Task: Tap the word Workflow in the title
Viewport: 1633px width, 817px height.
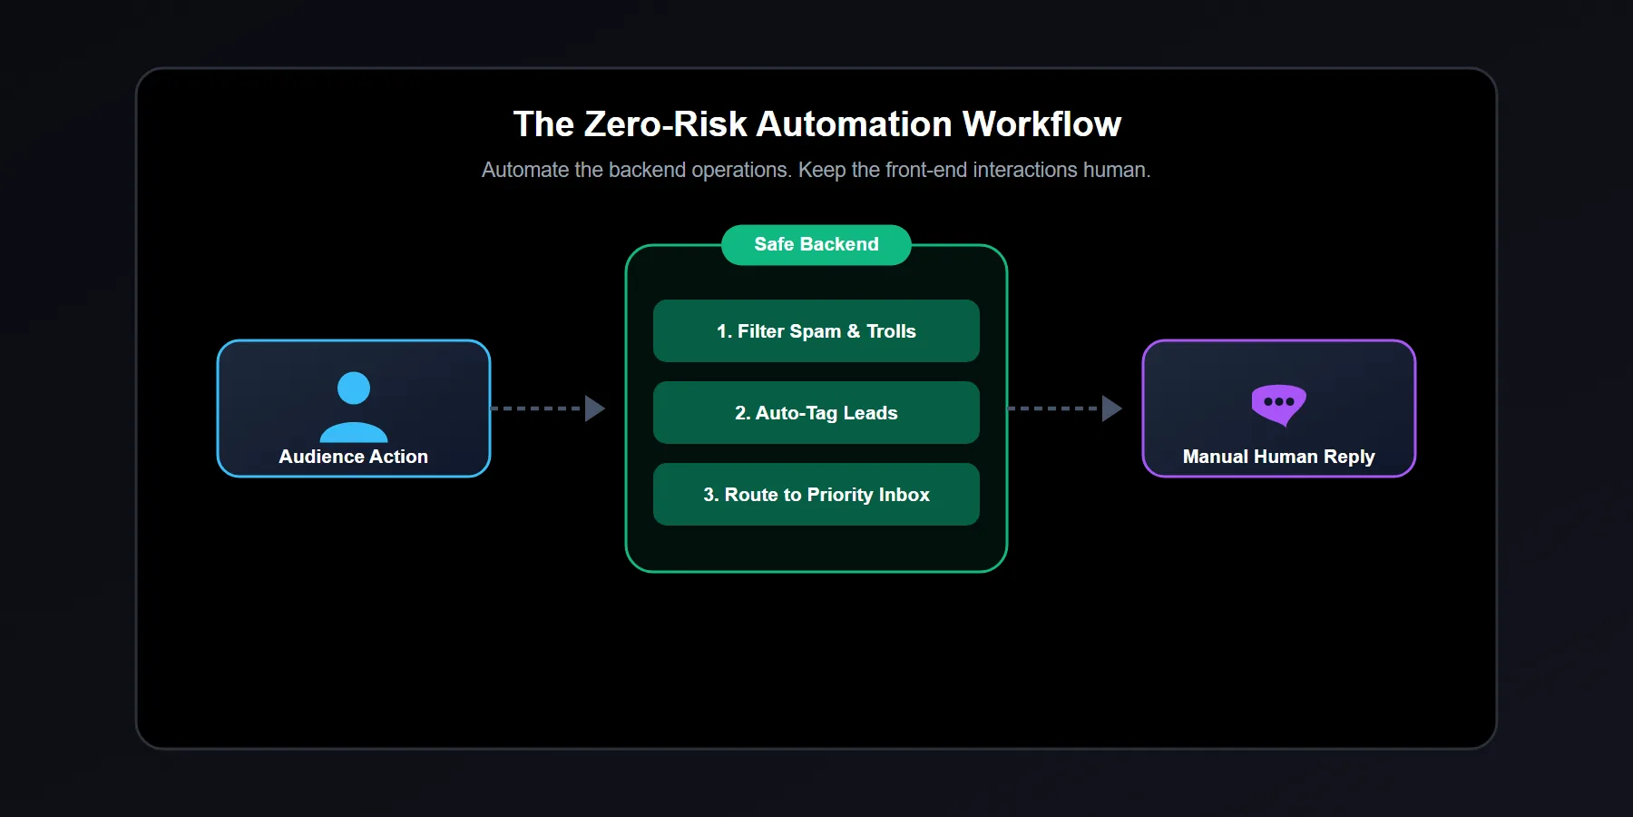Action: pyautogui.click(x=1041, y=124)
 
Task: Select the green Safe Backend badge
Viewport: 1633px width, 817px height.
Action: pyautogui.click(x=816, y=244)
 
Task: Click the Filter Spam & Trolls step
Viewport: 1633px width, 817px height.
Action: pyautogui.click(x=816, y=331)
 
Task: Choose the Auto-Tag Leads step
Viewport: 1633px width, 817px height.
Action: pyautogui.click(x=816, y=413)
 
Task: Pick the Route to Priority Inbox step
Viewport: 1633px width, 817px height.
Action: pyautogui.click(x=816, y=495)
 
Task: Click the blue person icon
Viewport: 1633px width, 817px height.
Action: pyautogui.click(x=354, y=407)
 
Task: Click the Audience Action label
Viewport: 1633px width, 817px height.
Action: pyautogui.click(x=354, y=457)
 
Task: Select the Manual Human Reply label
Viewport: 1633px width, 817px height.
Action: pyautogui.click(x=1278, y=457)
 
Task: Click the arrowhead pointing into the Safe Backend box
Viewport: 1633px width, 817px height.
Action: pyautogui.click(x=594, y=408)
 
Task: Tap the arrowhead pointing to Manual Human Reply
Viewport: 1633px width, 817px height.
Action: pyautogui.click(x=1111, y=408)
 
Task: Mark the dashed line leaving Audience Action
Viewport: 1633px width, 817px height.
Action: pyautogui.click(x=535, y=408)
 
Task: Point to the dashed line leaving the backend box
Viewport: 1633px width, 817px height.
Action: pyautogui.click(x=1052, y=408)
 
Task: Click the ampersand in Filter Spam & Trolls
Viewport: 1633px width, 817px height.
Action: pyautogui.click(x=854, y=331)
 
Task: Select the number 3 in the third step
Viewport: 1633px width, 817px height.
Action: pyautogui.click(x=709, y=495)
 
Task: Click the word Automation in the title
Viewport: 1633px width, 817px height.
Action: pyautogui.click(x=854, y=124)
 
